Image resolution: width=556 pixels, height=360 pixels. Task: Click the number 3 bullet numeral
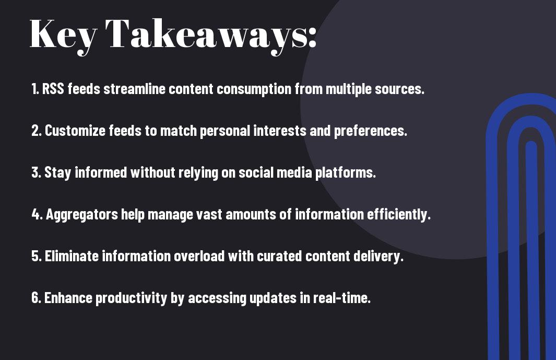[36, 173]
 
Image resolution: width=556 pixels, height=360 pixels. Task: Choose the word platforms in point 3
[345, 173]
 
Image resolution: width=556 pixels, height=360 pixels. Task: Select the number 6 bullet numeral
[36, 298]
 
